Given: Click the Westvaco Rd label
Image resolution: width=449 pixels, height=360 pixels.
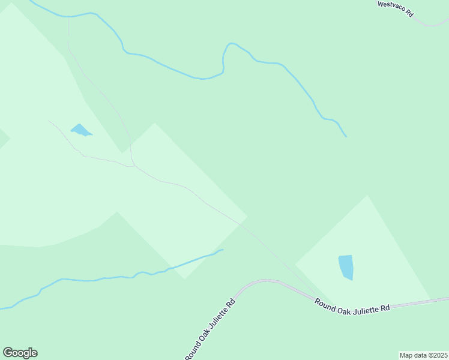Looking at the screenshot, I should click(396, 8).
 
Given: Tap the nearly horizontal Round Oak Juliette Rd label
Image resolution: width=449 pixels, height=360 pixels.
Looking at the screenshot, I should click(352, 304).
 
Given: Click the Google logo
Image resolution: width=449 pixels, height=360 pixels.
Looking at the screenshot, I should click(20, 353).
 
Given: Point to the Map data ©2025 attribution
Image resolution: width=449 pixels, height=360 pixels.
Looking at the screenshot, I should click(423, 355).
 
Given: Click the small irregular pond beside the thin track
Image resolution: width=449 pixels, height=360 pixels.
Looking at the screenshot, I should click(80, 130).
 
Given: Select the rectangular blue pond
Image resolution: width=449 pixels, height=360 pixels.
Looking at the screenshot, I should click(346, 267).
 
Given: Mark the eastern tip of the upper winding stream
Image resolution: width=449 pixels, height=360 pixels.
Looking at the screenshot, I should click(346, 136).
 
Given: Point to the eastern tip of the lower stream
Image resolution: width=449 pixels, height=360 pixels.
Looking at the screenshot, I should click(223, 250).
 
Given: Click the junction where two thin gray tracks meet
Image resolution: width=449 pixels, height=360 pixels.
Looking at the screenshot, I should click(132, 165).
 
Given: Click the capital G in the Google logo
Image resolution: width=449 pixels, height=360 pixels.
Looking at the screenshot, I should click(8, 353).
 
